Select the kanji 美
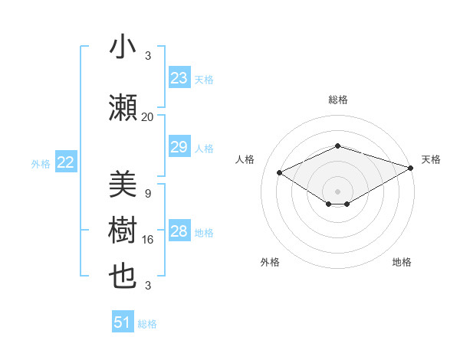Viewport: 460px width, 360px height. pyautogui.click(x=123, y=184)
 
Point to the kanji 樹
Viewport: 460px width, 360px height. pyautogui.click(x=123, y=229)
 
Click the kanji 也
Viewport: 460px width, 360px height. pyautogui.click(x=123, y=276)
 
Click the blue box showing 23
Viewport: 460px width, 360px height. pyautogui.click(x=179, y=78)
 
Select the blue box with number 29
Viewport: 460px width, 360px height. pyautogui.click(x=179, y=147)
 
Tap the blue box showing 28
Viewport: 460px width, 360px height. pyautogui.click(x=179, y=231)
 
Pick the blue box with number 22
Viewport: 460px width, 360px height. pyautogui.click(x=66, y=162)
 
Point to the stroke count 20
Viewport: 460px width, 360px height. pyautogui.click(x=148, y=117)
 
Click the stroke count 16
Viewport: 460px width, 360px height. pyautogui.click(x=148, y=240)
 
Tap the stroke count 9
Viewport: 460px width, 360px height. pyautogui.click(x=148, y=194)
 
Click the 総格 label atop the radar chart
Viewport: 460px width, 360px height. pyautogui.click(x=337, y=100)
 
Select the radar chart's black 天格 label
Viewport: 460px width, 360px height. pyautogui.click(x=431, y=159)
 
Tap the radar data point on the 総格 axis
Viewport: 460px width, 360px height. pyautogui.click(x=337, y=146)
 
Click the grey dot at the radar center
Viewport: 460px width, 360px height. pyautogui.click(x=337, y=190)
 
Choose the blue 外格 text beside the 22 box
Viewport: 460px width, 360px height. pyautogui.click(x=41, y=163)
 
